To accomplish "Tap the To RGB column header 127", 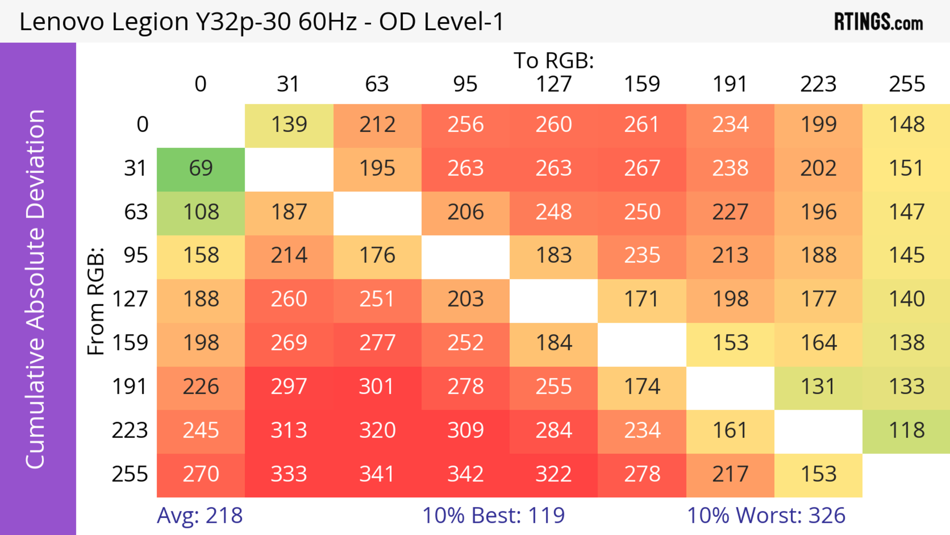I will pos(554,84).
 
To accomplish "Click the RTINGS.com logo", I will pos(879,22).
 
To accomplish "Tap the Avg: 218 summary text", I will pos(199,515).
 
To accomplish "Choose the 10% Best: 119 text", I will pos(494,515).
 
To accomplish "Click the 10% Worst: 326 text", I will pos(766,515).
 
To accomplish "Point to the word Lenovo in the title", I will pos(62,22).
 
